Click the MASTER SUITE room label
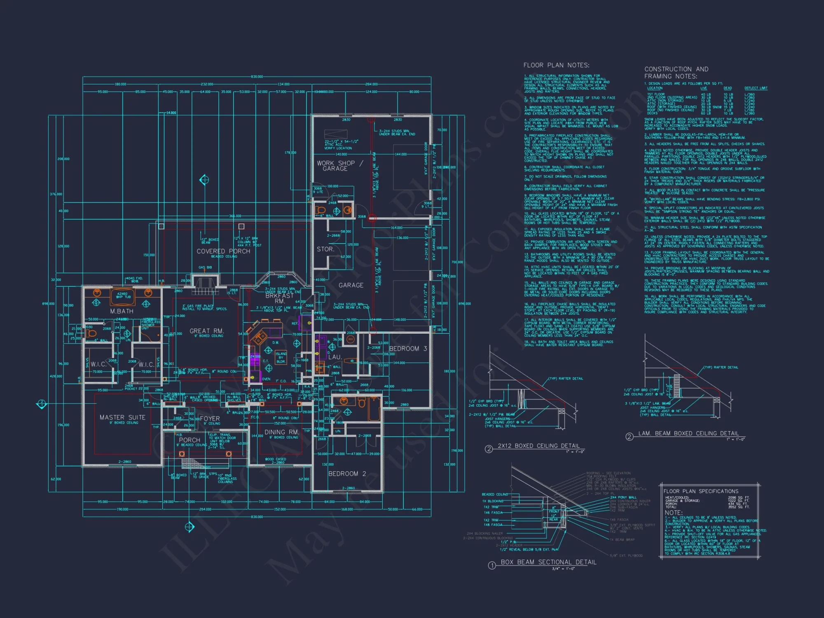coord(122,417)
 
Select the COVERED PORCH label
coord(223,251)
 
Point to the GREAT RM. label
coord(206,331)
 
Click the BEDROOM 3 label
coord(408,349)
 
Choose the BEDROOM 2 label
coord(347,474)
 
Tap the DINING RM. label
coord(281,432)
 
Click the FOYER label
coord(210,418)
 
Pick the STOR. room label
coord(325,249)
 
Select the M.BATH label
coord(122,311)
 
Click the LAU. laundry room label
coord(335,357)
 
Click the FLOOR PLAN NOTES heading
coord(556,65)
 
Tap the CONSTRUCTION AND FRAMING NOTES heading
coord(676,73)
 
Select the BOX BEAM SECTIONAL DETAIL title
coord(548,562)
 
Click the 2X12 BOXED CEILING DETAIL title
coord(538,446)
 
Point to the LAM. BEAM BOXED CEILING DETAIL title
coord(688,433)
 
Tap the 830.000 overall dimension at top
coord(257,77)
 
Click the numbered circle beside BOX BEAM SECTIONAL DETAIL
coord(492,565)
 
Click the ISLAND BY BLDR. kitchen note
coord(281,358)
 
